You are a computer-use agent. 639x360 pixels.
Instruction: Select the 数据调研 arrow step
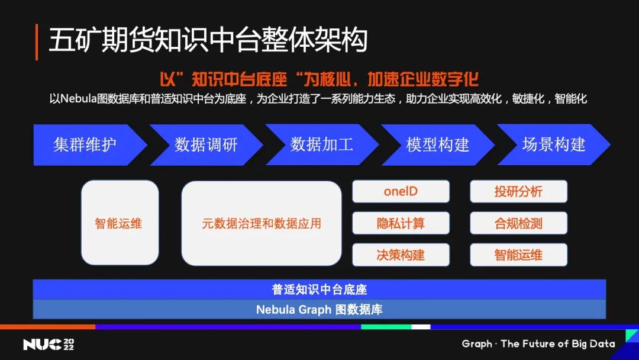206,144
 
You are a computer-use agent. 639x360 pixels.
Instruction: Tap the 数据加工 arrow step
322,144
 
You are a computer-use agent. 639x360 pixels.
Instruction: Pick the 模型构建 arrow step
438,144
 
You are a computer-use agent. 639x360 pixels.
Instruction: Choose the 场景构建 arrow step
554,144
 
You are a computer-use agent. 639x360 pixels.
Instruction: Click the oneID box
401,191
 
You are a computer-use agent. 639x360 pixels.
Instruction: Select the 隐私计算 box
401,223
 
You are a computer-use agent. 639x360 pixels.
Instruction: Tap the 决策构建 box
401,255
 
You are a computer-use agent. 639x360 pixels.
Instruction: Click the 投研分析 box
518,191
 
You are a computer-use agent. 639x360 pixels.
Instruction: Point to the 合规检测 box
518,223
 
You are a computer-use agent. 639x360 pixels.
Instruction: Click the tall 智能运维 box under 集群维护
120,223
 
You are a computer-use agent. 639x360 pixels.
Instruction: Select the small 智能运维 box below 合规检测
518,255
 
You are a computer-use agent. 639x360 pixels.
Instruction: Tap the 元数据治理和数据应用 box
262,223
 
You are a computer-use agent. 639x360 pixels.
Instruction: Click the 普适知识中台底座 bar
319,290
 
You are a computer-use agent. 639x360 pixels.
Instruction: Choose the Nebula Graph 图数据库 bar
319,310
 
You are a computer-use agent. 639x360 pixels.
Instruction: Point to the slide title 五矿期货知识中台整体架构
208,40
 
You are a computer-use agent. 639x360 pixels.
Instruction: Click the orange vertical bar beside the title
37,42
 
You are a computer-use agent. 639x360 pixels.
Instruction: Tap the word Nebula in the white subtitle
78,99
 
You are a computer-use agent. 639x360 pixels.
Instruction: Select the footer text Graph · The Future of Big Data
538,343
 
